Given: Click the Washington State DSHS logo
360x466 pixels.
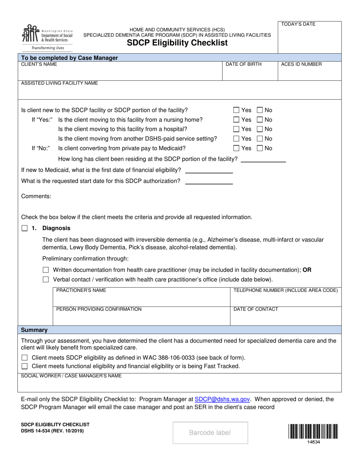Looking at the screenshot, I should (47, 37).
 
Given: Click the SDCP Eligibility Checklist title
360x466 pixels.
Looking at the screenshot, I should (177, 43).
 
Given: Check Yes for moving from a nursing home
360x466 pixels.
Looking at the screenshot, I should (236, 120).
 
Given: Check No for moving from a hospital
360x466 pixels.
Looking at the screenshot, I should (260, 129).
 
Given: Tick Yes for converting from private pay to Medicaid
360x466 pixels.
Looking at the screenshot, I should (236, 148).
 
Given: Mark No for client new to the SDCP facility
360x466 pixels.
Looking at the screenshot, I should (260, 110).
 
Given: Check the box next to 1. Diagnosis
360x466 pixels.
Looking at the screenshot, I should (25, 228).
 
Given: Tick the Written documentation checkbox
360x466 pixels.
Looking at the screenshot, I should (46, 270).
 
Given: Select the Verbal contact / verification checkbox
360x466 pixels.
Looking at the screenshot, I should (46, 280).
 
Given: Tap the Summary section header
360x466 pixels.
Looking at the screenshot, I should (34, 330).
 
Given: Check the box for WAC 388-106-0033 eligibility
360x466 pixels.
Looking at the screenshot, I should (25, 358).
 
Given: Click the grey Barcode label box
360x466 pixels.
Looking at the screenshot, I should (210, 433).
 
